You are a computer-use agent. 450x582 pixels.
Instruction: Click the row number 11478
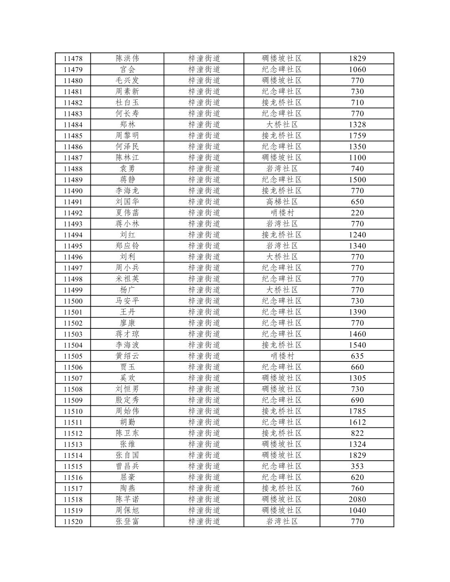click(x=73, y=59)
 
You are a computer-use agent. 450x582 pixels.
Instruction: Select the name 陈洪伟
click(x=127, y=58)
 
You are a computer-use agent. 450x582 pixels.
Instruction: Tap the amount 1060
click(x=357, y=70)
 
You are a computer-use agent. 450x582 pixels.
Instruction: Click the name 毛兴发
click(x=127, y=80)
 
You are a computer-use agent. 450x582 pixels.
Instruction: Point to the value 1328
click(x=357, y=125)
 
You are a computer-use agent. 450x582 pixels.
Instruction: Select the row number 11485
click(x=73, y=136)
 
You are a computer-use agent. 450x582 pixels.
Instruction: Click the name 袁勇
click(x=127, y=168)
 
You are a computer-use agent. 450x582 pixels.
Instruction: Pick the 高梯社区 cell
click(x=282, y=201)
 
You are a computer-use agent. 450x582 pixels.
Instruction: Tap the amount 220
click(x=357, y=213)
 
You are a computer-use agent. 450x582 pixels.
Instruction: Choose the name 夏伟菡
click(x=127, y=212)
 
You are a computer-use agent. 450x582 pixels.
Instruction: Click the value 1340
click(x=357, y=246)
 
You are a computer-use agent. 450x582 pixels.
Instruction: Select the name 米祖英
click(x=127, y=279)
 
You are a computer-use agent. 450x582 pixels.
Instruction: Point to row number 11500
click(x=73, y=301)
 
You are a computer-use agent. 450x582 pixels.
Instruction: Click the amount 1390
click(x=357, y=312)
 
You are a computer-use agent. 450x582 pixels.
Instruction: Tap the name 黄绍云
click(x=127, y=356)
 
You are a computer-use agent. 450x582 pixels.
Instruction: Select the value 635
click(x=357, y=356)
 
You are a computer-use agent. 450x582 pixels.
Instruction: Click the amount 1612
click(x=357, y=422)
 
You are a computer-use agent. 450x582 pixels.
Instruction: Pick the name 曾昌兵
click(x=127, y=466)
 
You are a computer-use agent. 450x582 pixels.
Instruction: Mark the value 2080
click(x=357, y=499)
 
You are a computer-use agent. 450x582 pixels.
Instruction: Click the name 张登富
click(x=127, y=521)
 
